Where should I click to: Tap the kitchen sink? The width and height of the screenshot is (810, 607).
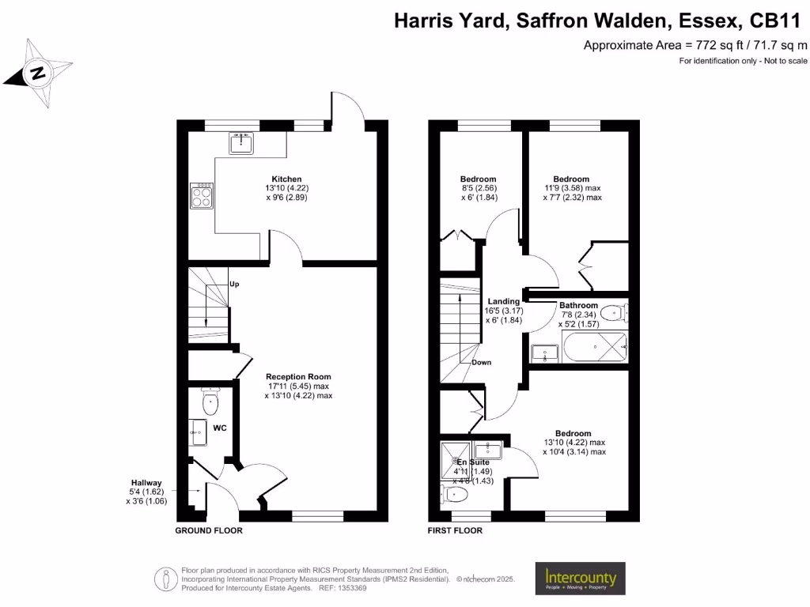(241, 143)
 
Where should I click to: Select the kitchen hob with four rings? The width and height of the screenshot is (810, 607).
(202, 194)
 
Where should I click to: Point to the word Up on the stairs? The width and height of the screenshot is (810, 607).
(234, 284)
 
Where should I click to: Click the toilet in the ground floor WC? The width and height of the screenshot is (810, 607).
(210, 403)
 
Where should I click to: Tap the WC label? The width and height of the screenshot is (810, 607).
(220, 428)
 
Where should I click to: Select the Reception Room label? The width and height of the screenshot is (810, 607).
(298, 377)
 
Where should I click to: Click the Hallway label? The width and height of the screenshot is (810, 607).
(147, 483)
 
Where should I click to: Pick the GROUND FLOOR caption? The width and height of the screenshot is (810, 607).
(209, 531)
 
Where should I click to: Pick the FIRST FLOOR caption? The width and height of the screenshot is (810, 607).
(455, 531)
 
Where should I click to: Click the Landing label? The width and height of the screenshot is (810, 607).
(504, 301)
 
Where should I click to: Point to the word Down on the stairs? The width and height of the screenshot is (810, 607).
(482, 363)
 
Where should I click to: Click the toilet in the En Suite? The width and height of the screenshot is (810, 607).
(456, 495)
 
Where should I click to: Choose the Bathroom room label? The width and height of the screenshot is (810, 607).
(578, 305)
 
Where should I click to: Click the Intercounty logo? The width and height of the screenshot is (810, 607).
(581, 579)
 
